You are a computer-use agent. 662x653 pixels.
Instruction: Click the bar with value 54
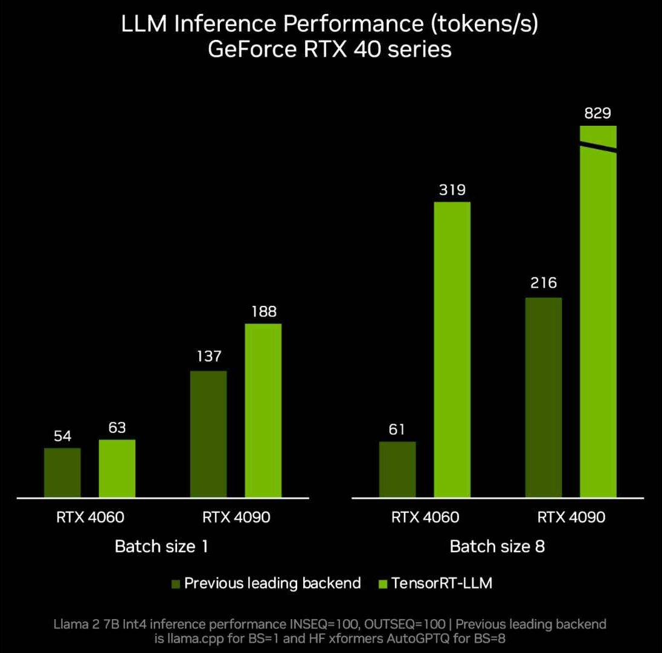point(62,473)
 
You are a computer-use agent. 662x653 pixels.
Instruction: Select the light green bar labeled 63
point(117,469)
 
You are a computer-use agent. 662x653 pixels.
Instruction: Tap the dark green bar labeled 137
point(208,434)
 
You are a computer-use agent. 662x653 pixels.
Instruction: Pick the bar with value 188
point(263,411)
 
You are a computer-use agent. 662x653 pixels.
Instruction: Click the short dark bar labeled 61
point(397,470)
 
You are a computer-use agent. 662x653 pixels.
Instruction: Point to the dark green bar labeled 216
point(544,397)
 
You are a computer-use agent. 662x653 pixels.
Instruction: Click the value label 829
point(598,113)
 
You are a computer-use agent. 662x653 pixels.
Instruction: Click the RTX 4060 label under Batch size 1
point(90,518)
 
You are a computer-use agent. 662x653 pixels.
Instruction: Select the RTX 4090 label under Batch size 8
point(571,518)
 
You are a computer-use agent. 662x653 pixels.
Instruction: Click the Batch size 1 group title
point(161,547)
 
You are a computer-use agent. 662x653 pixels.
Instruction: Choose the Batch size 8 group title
point(497,547)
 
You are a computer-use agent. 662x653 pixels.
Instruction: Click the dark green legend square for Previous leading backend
point(176,584)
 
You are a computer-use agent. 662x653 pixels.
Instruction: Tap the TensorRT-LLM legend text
point(442,583)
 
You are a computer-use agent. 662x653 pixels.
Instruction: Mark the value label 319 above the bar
point(452,190)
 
